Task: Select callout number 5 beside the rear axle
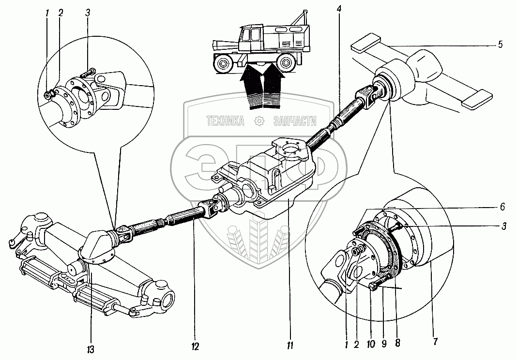pyautogui.click(x=500, y=45)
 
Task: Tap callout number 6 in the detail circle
pyautogui.click(x=503, y=207)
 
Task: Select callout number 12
pyautogui.click(x=194, y=347)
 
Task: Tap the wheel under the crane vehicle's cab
pyautogui.click(x=224, y=63)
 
